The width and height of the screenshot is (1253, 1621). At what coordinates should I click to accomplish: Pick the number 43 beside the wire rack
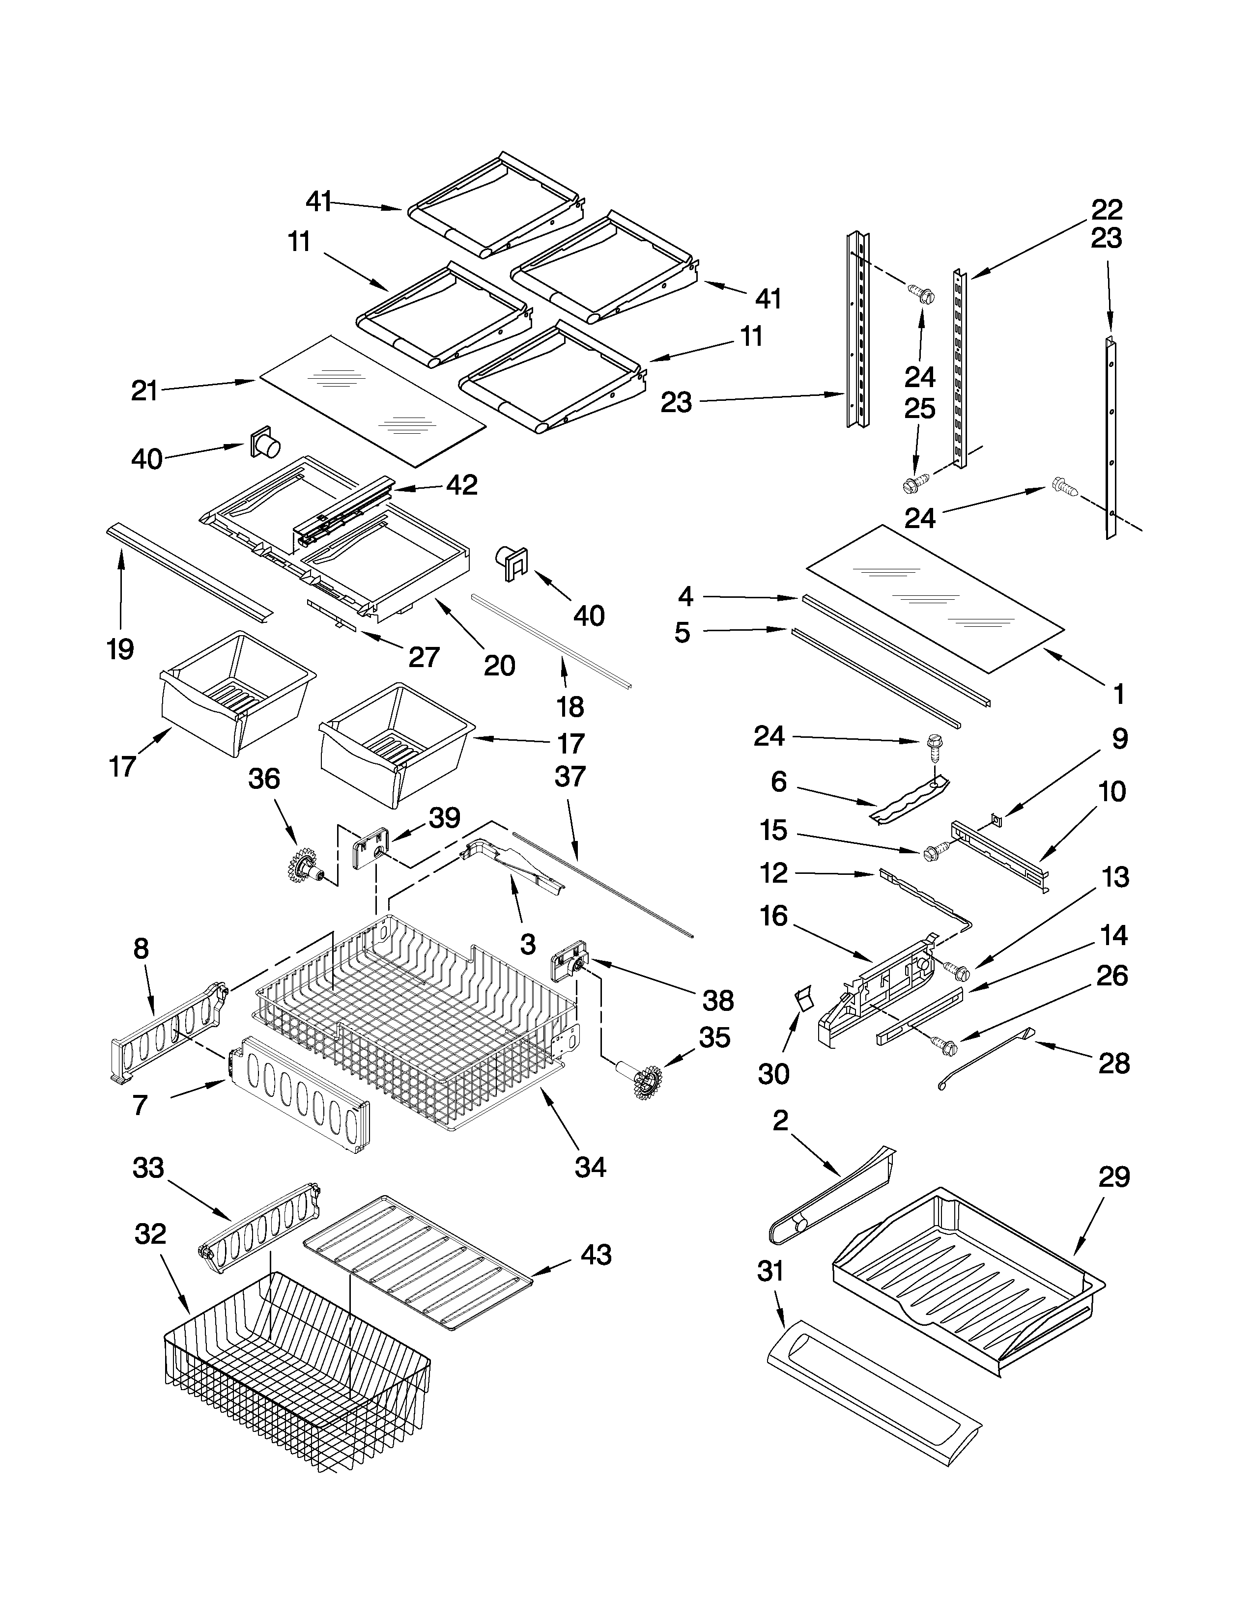click(596, 1255)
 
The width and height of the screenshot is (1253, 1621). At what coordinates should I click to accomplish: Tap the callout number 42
click(462, 485)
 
